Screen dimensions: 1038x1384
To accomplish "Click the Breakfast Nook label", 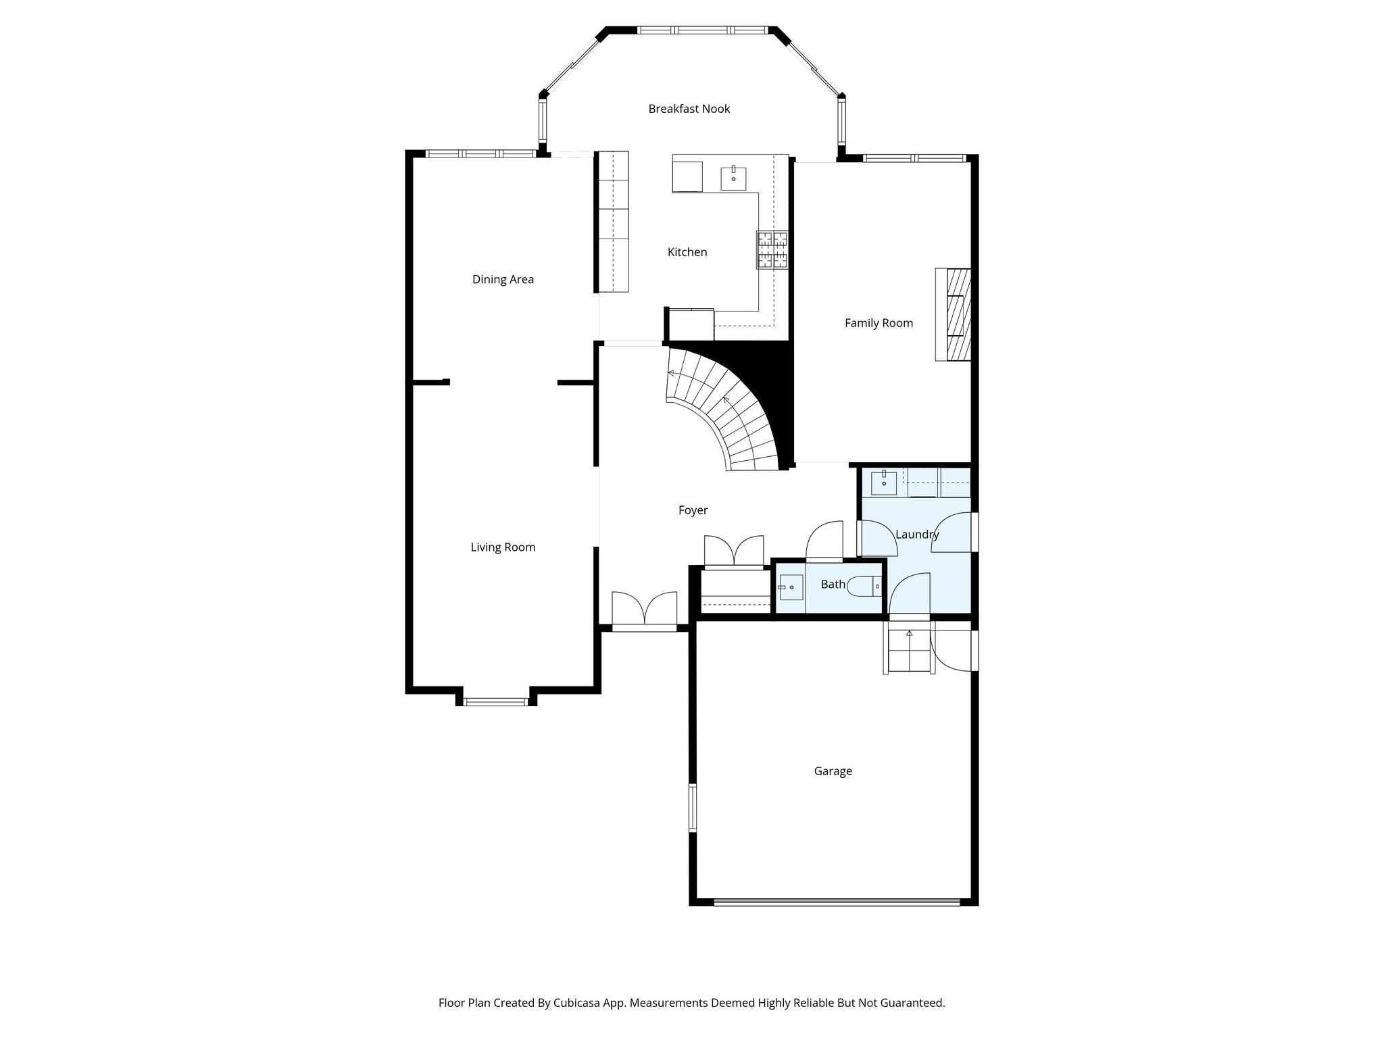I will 689,109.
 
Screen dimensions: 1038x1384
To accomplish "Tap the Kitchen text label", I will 687,252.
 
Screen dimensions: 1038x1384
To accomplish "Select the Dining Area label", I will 503,279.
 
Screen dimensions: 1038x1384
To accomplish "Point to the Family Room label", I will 879,323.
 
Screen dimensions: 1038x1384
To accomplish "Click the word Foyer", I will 693,510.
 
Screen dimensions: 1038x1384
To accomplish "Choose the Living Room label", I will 503,547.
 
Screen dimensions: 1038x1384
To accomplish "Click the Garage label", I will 833,771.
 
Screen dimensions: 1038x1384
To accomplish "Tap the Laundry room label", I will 917,535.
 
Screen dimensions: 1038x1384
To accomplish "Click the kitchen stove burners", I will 772,250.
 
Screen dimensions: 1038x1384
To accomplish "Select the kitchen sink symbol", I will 733,178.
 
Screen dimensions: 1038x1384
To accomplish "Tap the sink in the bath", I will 791,587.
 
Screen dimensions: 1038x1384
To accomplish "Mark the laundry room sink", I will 883,483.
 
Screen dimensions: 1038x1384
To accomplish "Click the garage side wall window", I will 692,808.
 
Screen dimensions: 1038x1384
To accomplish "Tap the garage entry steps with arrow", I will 909,650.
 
